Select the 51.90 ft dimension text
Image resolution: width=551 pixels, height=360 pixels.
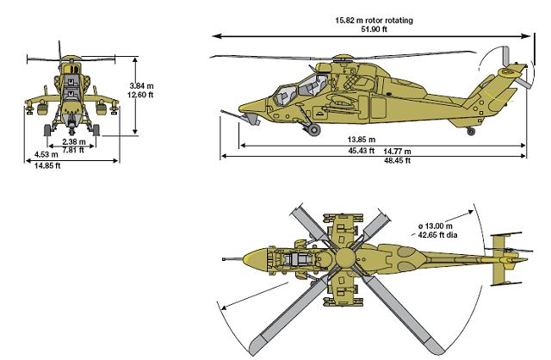coord(374,28)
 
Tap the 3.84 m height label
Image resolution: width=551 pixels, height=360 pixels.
coord(141,86)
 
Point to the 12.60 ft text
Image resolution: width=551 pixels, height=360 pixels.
coord(141,96)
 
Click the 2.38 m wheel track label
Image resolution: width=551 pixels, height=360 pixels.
coord(74,140)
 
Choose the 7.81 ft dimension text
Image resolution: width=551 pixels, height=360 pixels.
coord(74,150)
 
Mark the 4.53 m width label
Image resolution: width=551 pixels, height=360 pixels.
coord(46,155)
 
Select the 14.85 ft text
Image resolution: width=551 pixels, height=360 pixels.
coord(46,165)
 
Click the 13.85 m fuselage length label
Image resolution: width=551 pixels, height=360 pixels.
coord(362,140)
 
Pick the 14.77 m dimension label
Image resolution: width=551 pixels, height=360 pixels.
coord(398,151)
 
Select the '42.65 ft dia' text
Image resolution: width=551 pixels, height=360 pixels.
coord(433,233)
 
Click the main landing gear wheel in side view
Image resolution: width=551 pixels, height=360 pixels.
coord(314,129)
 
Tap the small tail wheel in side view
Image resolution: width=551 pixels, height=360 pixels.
coord(471,131)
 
